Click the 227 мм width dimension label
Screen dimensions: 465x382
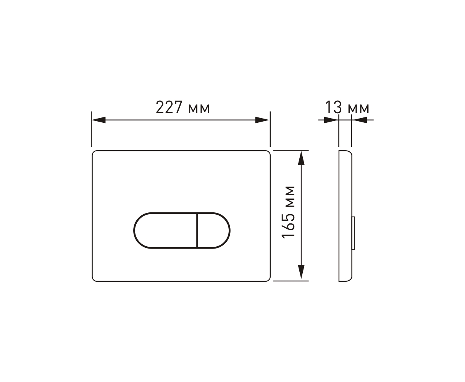[x=183, y=107]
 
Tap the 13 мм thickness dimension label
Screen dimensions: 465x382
[x=347, y=107]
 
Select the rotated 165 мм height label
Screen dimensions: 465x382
[x=288, y=212]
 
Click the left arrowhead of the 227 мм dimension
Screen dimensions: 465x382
[x=98, y=120]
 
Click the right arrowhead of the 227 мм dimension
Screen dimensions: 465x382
[x=262, y=120]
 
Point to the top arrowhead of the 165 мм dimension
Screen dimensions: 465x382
[x=301, y=158]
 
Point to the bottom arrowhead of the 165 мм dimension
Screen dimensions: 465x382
[x=301, y=272]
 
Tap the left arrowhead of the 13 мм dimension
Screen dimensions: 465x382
[x=331, y=120]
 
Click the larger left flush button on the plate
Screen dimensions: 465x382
[x=165, y=231]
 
